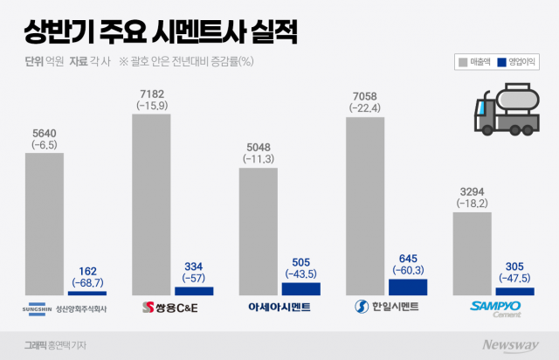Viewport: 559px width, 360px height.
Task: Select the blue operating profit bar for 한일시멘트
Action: pos(407,287)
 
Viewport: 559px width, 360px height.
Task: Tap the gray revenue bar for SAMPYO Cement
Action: pos(472,252)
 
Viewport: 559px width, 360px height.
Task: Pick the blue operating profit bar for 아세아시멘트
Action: pos(300,288)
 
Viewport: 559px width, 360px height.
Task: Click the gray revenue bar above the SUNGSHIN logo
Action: pos(44,224)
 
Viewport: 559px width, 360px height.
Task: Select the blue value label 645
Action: pos(408,258)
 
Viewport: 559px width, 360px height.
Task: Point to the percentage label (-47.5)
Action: pos(514,279)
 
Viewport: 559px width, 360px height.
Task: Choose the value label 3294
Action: pos(472,190)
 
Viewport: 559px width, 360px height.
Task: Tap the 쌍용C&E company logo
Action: pos(170,308)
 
